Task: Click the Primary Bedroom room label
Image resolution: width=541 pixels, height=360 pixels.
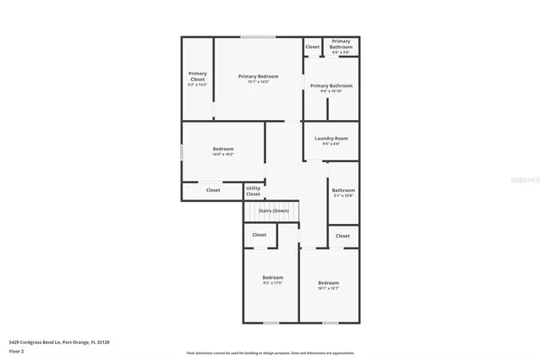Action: click(x=258, y=76)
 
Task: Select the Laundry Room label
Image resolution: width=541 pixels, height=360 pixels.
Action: click(x=331, y=138)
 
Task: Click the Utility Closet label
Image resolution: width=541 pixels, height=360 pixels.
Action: click(x=254, y=191)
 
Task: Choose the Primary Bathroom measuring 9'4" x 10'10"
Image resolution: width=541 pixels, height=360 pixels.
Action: click(x=331, y=85)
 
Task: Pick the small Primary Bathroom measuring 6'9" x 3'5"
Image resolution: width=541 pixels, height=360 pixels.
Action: click(x=341, y=44)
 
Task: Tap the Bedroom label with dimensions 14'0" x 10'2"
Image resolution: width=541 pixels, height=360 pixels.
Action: click(x=223, y=149)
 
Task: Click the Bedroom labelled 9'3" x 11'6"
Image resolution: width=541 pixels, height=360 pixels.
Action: click(x=272, y=277)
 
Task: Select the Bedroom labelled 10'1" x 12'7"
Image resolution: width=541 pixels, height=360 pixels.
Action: click(x=328, y=282)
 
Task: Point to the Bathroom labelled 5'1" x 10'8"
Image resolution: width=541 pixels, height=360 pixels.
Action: click(x=342, y=190)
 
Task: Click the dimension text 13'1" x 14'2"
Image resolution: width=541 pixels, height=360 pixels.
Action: click(x=258, y=81)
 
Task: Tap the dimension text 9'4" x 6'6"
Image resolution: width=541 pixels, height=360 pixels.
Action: click(x=331, y=144)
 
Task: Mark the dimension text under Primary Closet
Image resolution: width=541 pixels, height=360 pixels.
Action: click(x=197, y=85)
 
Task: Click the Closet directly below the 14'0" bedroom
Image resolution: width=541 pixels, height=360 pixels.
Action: click(x=213, y=190)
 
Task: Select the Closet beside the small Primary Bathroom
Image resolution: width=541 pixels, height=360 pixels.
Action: click(x=312, y=46)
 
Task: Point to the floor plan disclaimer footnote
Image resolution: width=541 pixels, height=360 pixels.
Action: click(x=270, y=353)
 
